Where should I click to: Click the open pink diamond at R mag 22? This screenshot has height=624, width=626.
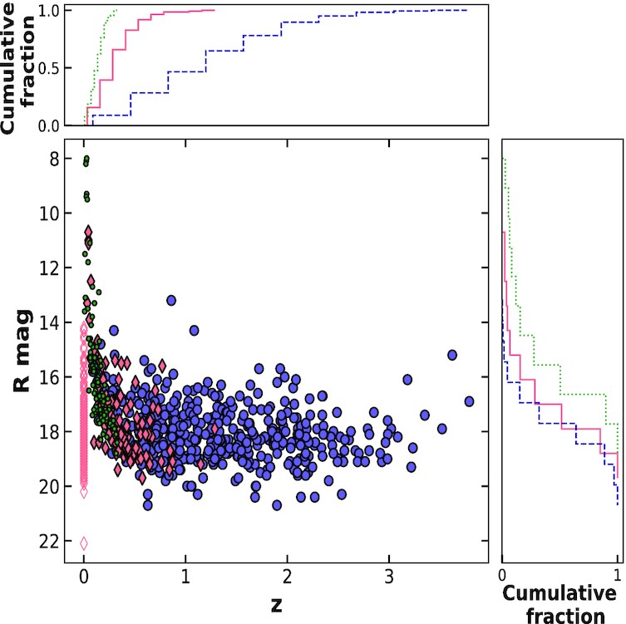(x=83, y=543)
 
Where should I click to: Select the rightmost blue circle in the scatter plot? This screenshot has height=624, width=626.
(x=469, y=401)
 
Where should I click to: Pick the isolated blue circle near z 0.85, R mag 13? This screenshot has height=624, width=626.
(x=171, y=300)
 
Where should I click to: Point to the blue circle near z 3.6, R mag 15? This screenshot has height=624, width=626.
(x=452, y=355)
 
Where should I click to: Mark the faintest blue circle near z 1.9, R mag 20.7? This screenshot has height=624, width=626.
(x=277, y=505)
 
